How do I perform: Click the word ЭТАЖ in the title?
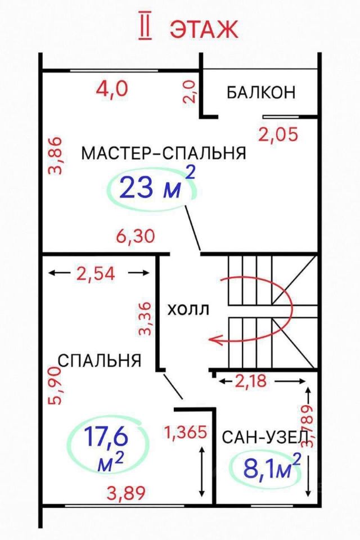(204, 29)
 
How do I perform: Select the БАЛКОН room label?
(261, 92)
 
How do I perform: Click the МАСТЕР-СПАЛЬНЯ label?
(164, 153)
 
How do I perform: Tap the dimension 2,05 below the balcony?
(277, 134)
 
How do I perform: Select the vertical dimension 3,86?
(56, 155)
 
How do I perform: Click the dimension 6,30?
(136, 236)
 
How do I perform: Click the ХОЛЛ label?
(188, 309)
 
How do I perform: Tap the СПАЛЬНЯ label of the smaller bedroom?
(100, 361)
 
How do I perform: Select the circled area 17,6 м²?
(106, 448)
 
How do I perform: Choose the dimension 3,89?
(127, 493)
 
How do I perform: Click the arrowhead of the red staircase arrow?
(212, 339)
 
